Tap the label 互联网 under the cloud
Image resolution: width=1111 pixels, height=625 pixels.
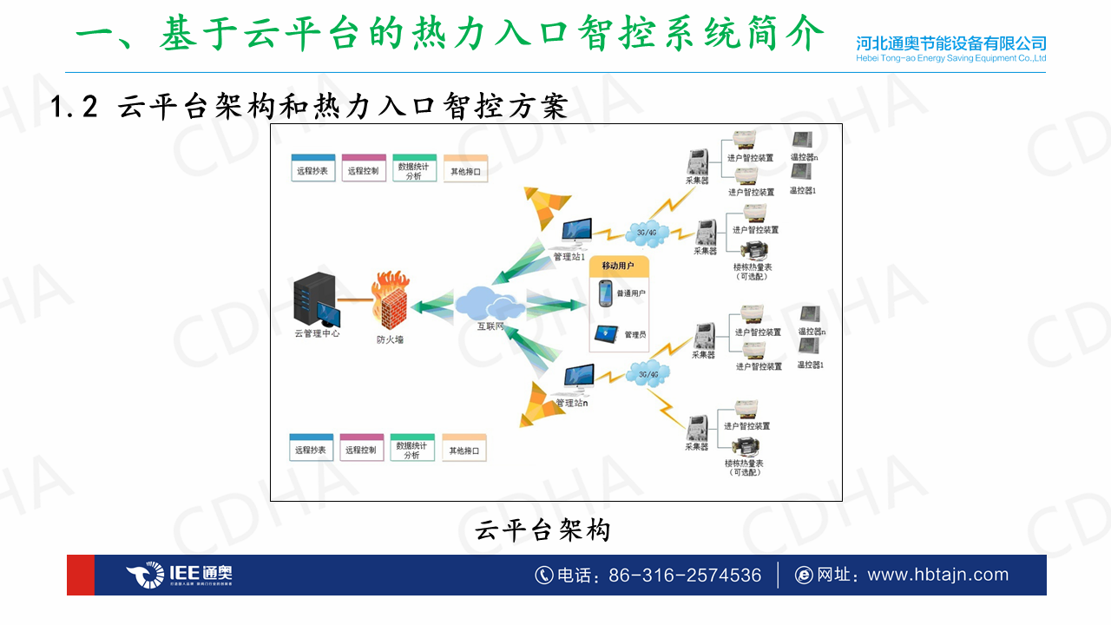[490, 327]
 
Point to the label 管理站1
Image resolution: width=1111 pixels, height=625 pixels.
[569, 257]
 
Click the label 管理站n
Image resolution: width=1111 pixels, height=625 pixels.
[572, 404]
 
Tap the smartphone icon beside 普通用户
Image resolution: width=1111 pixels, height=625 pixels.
[605, 293]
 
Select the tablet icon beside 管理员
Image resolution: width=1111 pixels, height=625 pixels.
[605, 333]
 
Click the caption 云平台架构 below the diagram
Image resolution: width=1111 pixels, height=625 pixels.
[543, 530]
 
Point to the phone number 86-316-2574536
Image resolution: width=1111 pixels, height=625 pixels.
[685, 576]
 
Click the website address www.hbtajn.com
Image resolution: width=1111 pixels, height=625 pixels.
[938, 575]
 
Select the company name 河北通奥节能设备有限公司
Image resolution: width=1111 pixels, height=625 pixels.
[950, 43]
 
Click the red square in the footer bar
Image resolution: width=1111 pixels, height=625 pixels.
[81, 575]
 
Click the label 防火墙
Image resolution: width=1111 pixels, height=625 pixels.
[390, 339]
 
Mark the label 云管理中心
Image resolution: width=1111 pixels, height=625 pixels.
[318, 333]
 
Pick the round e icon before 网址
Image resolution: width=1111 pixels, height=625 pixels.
[804, 576]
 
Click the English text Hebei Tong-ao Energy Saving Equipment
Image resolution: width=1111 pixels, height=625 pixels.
[950, 58]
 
